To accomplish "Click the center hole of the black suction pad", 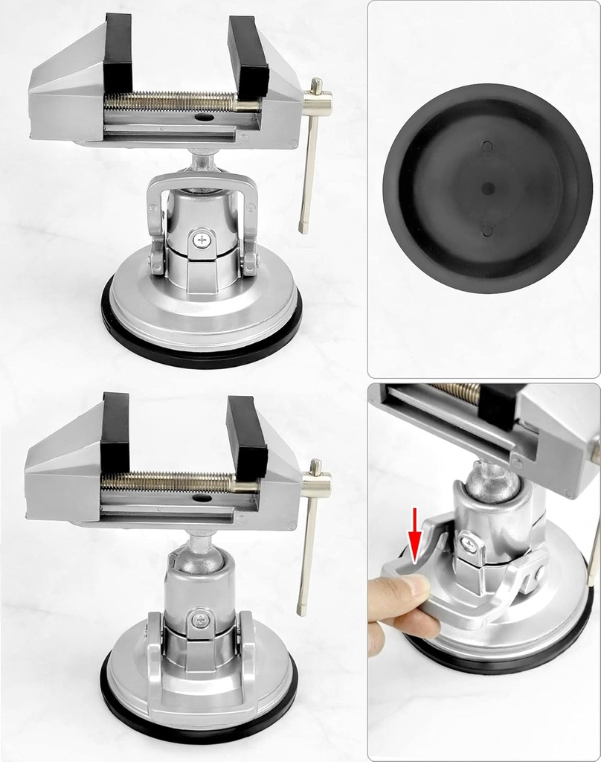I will pos(487,188).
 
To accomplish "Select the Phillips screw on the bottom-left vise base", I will pos(200,619).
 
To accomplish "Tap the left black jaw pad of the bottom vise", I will pos(115,432).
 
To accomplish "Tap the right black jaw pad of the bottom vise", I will pos(246,436).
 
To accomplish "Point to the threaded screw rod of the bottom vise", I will pos(167,482).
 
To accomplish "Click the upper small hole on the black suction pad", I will pos(487,147).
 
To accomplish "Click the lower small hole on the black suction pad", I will pos(487,230).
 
